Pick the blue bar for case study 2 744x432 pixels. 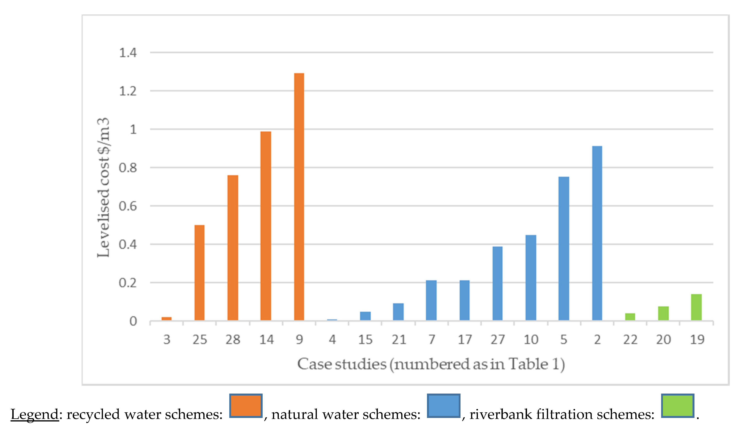597,233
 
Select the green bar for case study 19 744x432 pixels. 696,307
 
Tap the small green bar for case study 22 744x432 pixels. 630,317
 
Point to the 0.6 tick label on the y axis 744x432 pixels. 128,206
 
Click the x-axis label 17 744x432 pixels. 465,340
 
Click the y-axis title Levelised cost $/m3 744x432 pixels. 103,188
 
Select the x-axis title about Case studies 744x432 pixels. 431,364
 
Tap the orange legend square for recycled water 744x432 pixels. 246,406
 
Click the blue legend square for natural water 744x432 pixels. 443,406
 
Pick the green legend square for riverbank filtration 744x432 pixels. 677,406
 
